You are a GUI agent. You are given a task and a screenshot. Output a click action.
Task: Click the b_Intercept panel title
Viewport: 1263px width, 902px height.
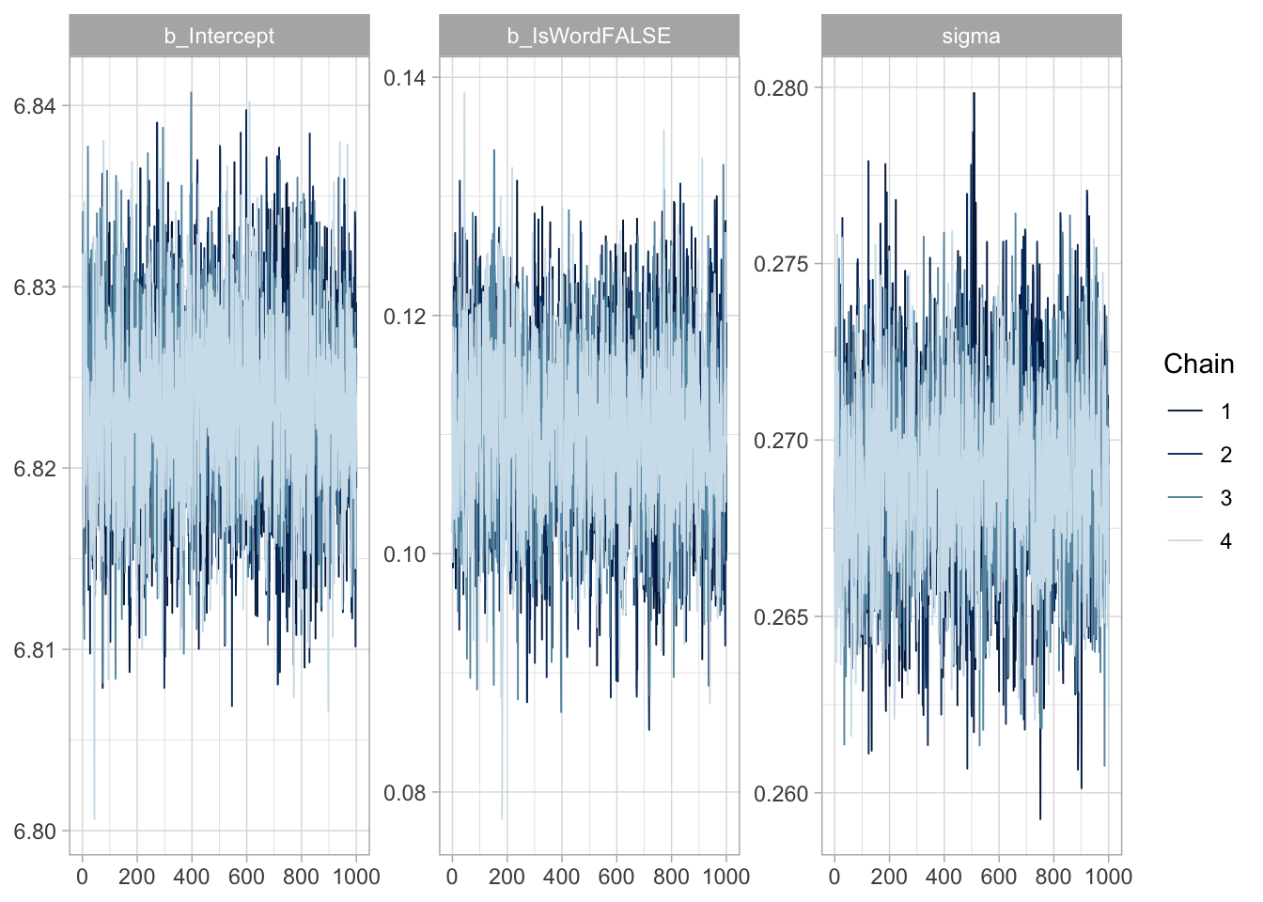pyautogui.click(x=219, y=37)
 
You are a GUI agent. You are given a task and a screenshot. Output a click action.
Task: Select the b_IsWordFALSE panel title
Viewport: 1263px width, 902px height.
pyautogui.click(x=589, y=37)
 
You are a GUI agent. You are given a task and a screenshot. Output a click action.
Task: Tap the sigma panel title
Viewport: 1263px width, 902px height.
pyautogui.click(x=971, y=37)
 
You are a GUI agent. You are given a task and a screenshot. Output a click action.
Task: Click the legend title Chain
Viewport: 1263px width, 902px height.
pyautogui.click(x=1198, y=365)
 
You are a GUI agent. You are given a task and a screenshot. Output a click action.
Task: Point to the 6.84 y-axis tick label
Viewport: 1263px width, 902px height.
pyautogui.click(x=35, y=106)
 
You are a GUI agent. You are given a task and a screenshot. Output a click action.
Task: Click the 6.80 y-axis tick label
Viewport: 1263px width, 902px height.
pyautogui.click(x=35, y=832)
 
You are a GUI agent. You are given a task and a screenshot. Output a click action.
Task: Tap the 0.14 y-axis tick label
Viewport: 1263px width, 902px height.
pyautogui.click(x=404, y=78)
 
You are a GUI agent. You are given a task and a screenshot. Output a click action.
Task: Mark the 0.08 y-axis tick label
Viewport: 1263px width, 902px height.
pyautogui.click(x=404, y=793)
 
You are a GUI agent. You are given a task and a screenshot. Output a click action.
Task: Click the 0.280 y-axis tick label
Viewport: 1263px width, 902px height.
pyautogui.click(x=781, y=88)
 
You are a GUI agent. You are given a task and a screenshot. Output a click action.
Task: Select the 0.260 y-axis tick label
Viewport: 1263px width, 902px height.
pyautogui.click(x=781, y=794)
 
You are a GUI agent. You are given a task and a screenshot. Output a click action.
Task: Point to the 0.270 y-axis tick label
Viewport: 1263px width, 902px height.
pyautogui.click(x=781, y=441)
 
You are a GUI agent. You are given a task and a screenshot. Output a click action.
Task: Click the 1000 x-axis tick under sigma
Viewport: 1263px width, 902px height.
pyautogui.click(x=1108, y=877)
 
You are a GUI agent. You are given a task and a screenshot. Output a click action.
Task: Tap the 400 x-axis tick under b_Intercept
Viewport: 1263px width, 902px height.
pyautogui.click(x=192, y=877)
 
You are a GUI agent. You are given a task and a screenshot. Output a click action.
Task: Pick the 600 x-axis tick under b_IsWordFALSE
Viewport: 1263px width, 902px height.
pyautogui.click(x=616, y=877)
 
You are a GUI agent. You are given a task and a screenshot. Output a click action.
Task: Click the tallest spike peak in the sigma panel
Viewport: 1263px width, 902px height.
pyautogui.click(x=974, y=93)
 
